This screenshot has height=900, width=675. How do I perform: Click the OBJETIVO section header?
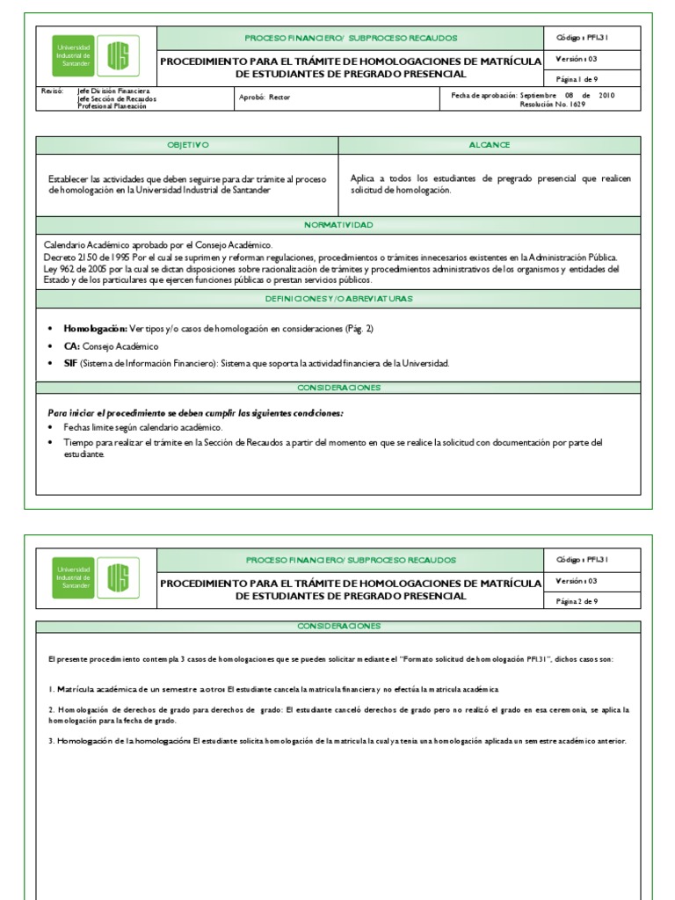click(x=187, y=145)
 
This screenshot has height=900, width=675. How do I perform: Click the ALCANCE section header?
click(x=490, y=145)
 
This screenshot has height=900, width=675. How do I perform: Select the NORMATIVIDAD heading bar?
click(x=338, y=225)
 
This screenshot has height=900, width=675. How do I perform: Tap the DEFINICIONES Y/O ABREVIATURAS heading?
click(x=338, y=299)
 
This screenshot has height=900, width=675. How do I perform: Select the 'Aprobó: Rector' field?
click(x=265, y=98)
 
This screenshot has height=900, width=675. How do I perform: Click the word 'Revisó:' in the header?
click(x=54, y=91)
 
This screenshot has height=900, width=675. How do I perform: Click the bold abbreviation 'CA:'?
click(x=71, y=346)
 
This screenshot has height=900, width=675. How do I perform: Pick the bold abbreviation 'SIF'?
click(x=70, y=364)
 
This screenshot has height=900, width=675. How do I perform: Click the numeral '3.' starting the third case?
click(x=51, y=741)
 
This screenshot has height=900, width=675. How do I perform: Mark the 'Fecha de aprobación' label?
click(x=483, y=95)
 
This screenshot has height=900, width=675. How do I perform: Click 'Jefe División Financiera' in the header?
click(x=113, y=91)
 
